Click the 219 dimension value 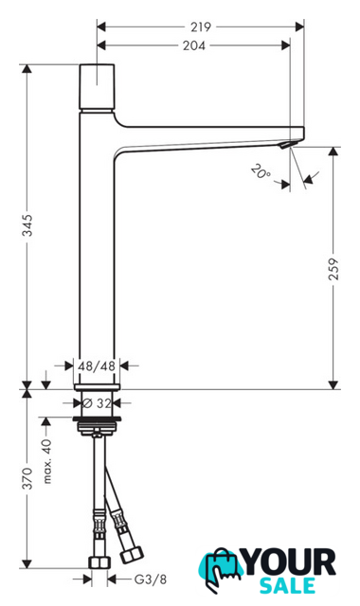point(201,27)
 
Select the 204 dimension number point(194,45)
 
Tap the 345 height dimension point(27,225)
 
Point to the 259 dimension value point(333,269)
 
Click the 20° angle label point(261,171)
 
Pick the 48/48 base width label point(97,365)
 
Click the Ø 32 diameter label point(97,403)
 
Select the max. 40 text point(46,461)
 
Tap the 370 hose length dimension point(27,478)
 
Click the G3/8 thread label point(151,579)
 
